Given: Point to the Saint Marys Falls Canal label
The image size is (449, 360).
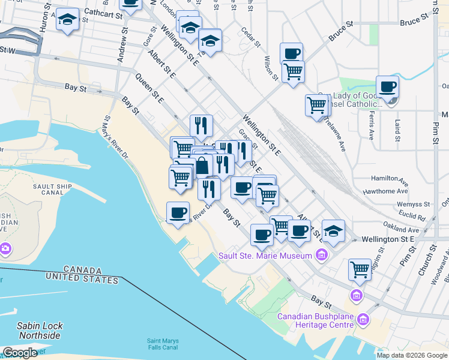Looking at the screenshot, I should tap(162, 344).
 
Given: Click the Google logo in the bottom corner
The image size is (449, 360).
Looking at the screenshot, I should tap(20, 353).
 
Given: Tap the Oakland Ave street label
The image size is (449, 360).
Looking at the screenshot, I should tap(402, 230).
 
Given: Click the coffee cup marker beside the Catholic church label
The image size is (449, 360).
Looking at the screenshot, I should tap(388, 86).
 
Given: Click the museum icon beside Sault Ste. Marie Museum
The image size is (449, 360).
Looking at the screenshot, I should tap(322, 256).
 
